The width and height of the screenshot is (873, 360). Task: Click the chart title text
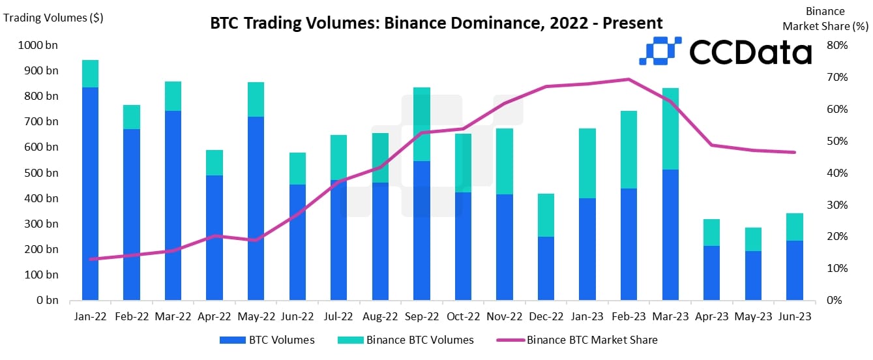[x=436, y=23]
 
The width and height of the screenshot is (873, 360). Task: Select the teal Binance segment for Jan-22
[x=90, y=74]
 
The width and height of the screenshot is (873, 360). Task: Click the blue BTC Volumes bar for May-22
[x=256, y=209]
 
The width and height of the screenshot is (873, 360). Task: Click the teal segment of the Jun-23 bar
[x=794, y=227]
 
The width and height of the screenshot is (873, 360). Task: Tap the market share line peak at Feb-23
[x=628, y=80]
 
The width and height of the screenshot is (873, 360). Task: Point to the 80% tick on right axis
[x=836, y=46]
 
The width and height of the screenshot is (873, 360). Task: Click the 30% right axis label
[x=836, y=205]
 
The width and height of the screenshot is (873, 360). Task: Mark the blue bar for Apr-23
[x=711, y=273]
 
